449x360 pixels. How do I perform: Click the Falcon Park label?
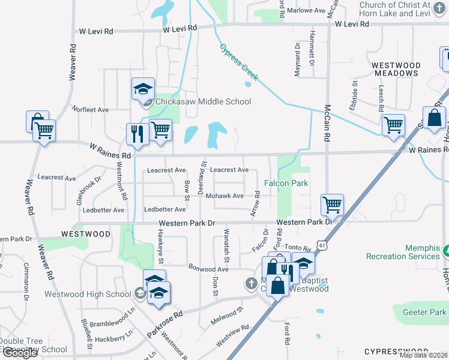pyautogui.click(x=286, y=183)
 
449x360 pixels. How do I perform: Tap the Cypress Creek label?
pyautogui.click(x=238, y=62)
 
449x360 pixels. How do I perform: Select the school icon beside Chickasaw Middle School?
pyautogui.click(x=143, y=89)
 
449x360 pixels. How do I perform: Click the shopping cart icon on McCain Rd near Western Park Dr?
pyautogui.click(x=332, y=205)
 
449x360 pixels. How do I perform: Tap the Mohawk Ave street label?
pyautogui.click(x=224, y=196)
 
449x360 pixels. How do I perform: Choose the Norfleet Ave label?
pyautogui.click(x=90, y=110)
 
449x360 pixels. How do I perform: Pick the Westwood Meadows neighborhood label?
pyautogui.click(x=395, y=69)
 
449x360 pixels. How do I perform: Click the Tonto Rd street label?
pyautogui.click(x=298, y=247)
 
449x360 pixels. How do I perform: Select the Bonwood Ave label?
pyautogui.click(x=208, y=268)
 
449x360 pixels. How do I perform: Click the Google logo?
pyautogui.click(x=20, y=353)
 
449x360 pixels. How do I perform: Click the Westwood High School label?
pyautogui.click(x=88, y=295)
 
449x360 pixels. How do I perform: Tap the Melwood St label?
pyautogui.click(x=227, y=316)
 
